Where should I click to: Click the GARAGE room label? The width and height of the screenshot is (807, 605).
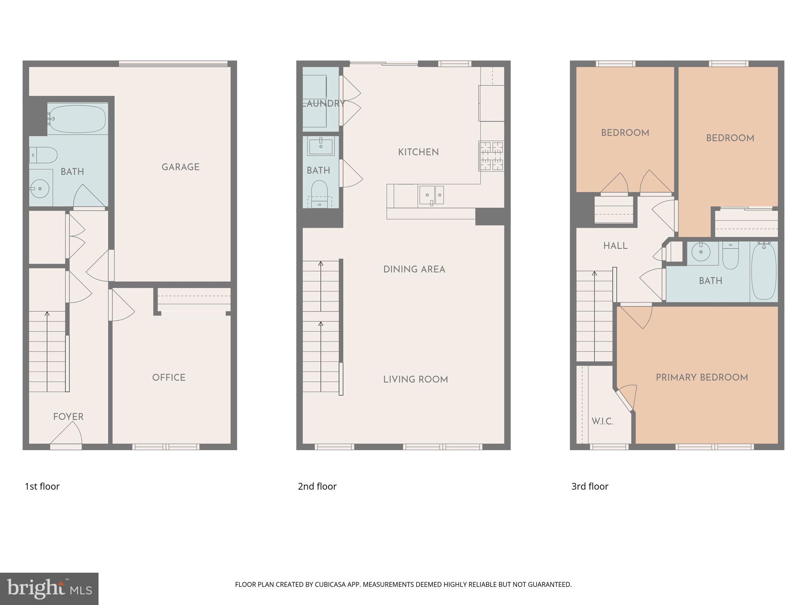[180, 167]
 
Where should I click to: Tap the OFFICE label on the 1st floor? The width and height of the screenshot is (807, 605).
[169, 377]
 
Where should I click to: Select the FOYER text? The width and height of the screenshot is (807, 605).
[68, 416]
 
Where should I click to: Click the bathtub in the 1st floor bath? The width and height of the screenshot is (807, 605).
[78, 119]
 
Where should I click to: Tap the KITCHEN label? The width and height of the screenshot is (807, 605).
[418, 152]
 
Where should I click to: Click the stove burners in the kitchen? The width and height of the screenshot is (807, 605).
[491, 156]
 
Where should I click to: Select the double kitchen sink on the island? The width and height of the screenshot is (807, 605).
[431, 194]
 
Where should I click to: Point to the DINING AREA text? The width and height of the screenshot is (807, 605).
[414, 269]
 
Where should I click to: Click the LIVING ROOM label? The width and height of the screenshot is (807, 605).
[415, 380]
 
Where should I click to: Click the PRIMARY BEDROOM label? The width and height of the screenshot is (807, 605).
[702, 377]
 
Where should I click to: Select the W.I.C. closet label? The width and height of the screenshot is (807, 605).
[602, 421]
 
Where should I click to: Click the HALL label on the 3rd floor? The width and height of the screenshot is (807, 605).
[615, 246]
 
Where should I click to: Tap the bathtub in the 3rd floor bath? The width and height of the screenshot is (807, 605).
[764, 272]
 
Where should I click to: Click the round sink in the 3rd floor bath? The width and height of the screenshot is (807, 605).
[701, 251]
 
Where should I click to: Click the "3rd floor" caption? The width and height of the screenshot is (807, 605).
[589, 486]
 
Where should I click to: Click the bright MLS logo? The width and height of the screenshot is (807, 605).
[49, 588]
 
